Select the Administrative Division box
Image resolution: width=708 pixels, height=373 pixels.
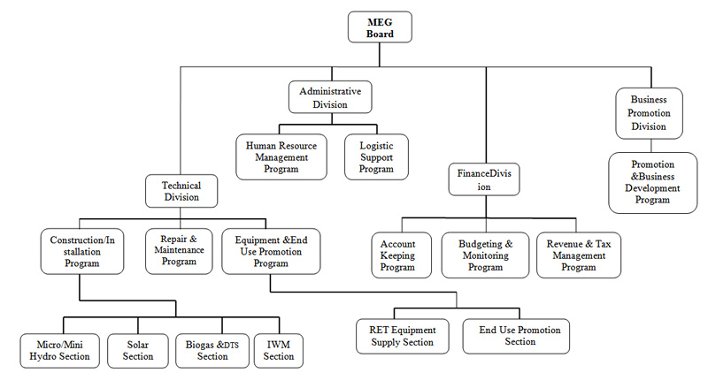click(x=330, y=97)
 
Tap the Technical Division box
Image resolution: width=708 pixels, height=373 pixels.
click(x=181, y=191)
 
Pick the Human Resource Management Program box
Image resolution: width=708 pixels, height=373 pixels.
click(x=278, y=156)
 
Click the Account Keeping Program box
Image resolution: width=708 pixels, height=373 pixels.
click(x=397, y=255)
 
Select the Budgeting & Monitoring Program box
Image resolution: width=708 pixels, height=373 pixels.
click(x=484, y=255)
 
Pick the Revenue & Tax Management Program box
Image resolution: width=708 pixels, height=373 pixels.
click(x=578, y=255)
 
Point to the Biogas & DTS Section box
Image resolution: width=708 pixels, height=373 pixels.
click(x=212, y=349)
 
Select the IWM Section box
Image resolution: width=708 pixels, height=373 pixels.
click(x=279, y=349)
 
